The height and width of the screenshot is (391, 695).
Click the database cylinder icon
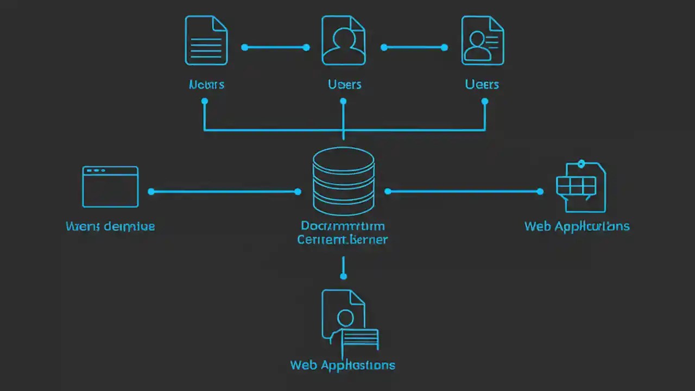tap(343, 181)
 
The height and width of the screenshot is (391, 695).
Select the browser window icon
tap(110, 187)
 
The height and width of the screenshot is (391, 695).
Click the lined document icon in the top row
tap(206, 41)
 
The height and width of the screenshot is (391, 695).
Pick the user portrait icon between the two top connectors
tap(343, 41)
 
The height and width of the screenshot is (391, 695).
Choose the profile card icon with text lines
tap(482, 41)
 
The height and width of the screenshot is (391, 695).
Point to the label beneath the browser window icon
tap(110, 226)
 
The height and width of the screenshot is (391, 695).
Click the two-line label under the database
tap(343, 232)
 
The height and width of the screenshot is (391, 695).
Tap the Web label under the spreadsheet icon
tap(577, 226)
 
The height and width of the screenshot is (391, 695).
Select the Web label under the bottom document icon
tap(343, 365)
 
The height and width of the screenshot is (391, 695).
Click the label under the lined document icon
tap(206, 85)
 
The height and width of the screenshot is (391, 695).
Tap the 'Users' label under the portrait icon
tap(345, 85)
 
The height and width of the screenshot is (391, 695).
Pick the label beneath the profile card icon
tap(482, 85)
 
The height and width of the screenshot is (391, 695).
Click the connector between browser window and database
tap(224, 192)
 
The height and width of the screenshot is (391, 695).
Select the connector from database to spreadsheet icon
tap(464, 191)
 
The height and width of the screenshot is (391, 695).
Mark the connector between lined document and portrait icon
tap(275, 48)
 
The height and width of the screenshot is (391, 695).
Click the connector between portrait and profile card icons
tap(414, 48)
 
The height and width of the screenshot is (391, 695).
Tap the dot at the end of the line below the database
tap(343, 276)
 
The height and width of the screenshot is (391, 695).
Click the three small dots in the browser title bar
tap(96, 171)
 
